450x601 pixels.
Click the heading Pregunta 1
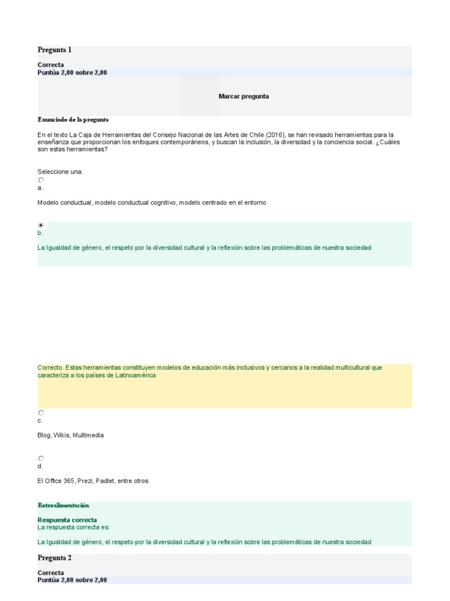[x=54, y=50]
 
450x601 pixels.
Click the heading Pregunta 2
[x=54, y=558]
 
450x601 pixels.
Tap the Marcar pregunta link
[x=244, y=96]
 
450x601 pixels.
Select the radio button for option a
[x=41, y=181]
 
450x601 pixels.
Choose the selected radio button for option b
[x=41, y=225]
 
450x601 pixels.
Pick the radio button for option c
[x=41, y=413]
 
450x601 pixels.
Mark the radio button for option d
[x=41, y=458]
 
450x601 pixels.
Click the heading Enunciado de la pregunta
[x=73, y=120]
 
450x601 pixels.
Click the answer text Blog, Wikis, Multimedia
[x=70, y=435]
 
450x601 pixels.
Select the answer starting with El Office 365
[x=93, y=481]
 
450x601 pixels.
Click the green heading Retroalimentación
[x=63, y=505]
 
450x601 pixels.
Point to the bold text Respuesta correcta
[x=67, y=520]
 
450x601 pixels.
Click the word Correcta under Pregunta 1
[x=51, y=65]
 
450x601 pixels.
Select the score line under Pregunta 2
[x=72, y=580]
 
